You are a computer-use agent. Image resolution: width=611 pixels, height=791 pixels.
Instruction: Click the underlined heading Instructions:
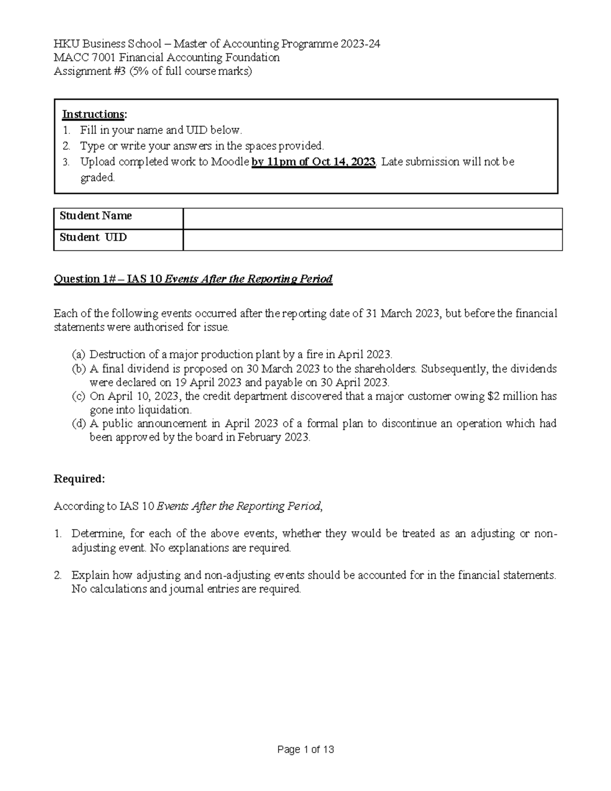[94, 114]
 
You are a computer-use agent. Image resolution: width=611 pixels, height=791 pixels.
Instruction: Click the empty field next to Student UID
[372, 240]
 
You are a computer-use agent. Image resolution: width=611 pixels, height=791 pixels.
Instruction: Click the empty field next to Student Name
[372, 219]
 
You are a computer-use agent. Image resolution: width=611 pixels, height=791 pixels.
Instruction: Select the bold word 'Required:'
[79, 479]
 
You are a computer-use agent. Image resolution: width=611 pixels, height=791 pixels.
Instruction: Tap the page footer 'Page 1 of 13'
[305, 750]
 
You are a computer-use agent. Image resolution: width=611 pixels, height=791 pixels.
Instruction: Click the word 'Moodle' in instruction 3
[231, 162]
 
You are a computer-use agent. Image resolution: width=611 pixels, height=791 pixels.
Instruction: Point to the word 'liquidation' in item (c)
[165, 410]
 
